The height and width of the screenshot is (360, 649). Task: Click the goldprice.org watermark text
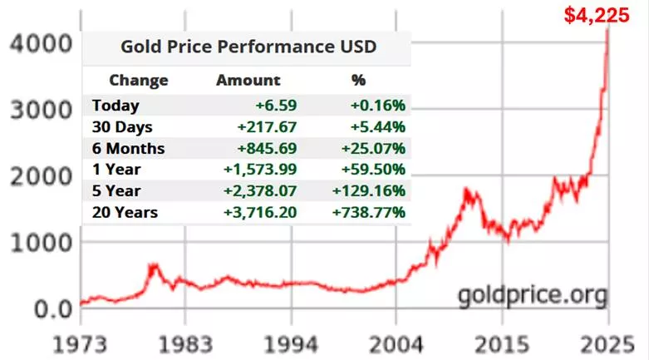[532, 294]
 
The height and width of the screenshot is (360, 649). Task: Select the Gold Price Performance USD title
[248, 47]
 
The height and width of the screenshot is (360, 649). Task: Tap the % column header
[359, 81]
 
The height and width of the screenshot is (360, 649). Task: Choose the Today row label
[116, 106]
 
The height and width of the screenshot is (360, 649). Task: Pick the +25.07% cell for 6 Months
[373, 149]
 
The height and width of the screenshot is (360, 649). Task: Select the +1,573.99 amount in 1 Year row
[260, 170]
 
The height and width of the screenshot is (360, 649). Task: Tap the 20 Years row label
[125, 213]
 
